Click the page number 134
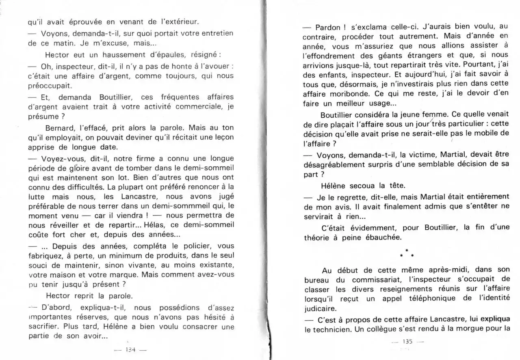pyautogui.click(x=130, y=349)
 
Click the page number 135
pyautogui.click(x=407, y=341)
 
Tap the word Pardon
pyautogui.click(x=329, y=27)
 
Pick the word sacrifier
pyautogui.click(x=43, y=327)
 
